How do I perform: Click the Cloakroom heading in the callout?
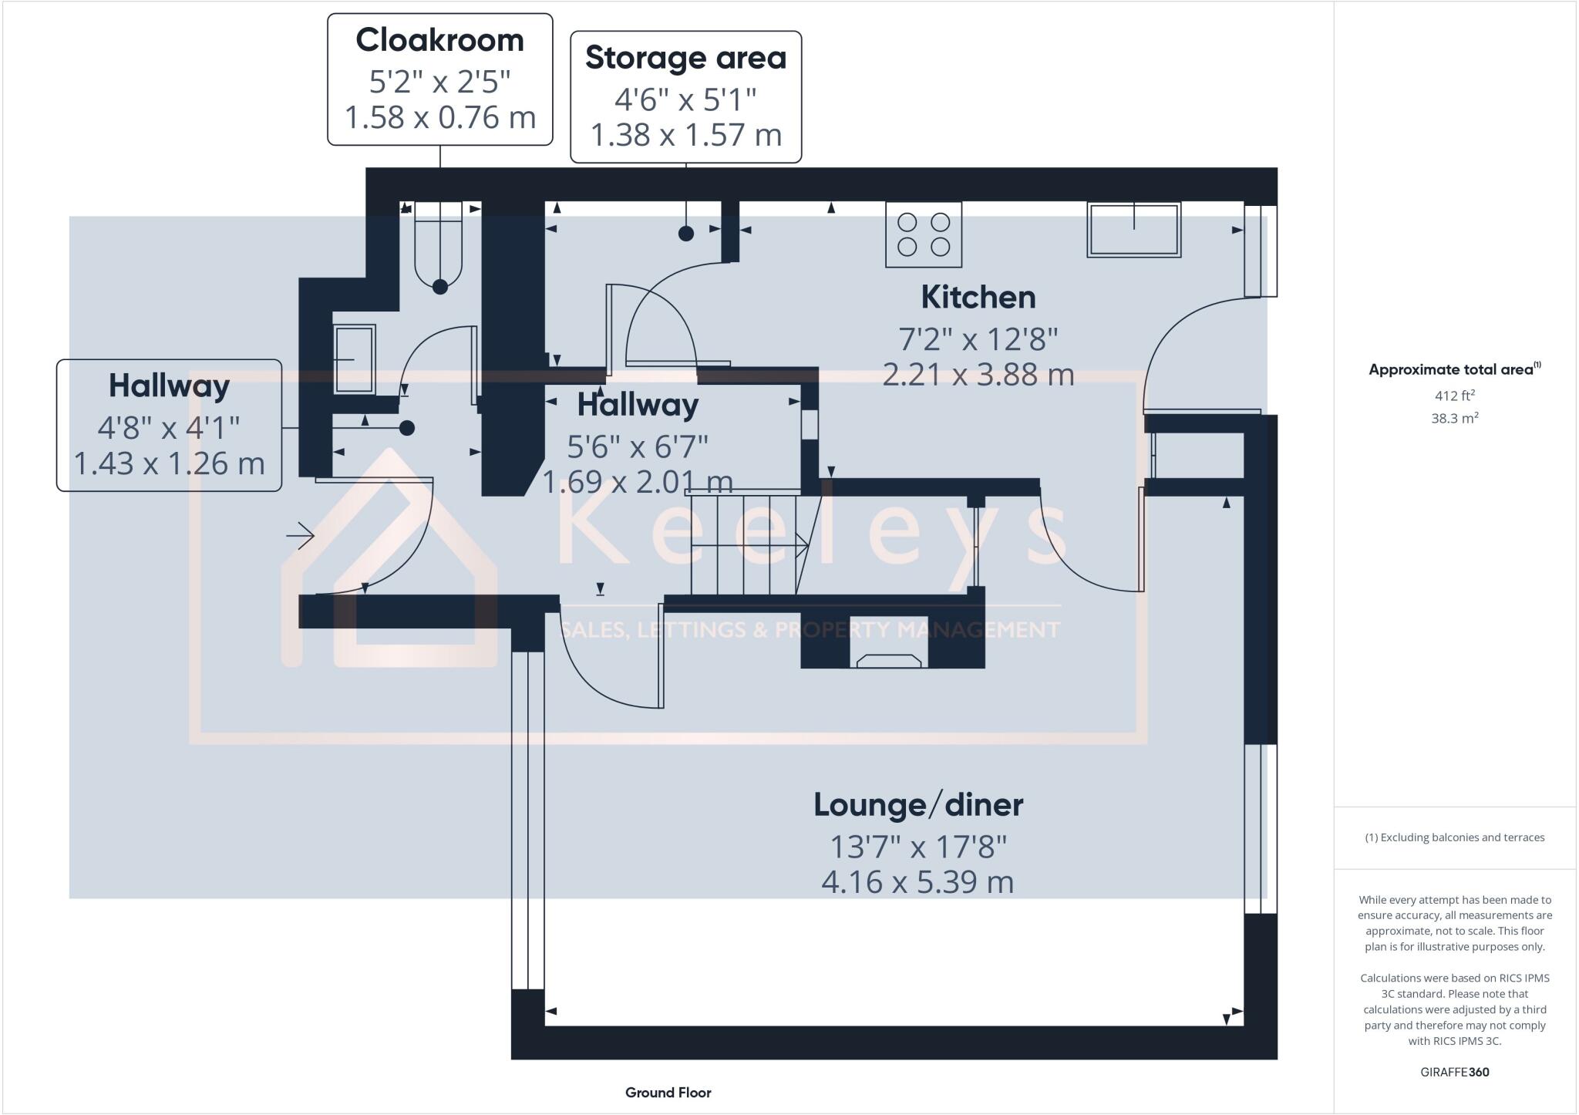point(439,40)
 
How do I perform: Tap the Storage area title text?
point(685,58)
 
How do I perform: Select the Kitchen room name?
point(978,298)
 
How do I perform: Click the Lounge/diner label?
point(918,805)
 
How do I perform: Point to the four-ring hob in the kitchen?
point(923,234)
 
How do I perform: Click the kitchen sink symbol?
point(1133,230)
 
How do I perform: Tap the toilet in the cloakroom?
point(439,247)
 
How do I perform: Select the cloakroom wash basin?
point(355,359)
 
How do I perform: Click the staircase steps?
point(744,544)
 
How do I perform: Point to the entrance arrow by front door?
point(300,535)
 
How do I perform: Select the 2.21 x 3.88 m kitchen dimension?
point(978,376)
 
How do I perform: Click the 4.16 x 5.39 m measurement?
point(917,882)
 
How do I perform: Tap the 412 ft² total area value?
point(1454,396)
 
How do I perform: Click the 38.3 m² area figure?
point(1454,419)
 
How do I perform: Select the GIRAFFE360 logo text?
point(1454,1072)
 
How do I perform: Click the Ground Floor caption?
point(668,1093)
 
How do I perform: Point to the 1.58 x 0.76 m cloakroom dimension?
point(439,118)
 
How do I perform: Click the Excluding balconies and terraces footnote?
point(1454,837)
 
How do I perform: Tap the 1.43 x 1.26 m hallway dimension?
point(169,463)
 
